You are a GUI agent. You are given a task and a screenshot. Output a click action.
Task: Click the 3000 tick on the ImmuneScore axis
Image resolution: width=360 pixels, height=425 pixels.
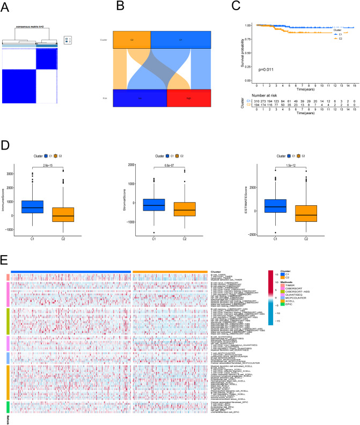[24, 174]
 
